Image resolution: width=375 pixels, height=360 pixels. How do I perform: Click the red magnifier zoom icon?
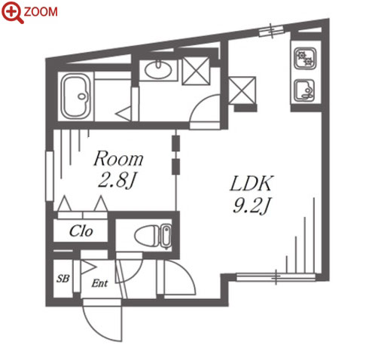point(12,12)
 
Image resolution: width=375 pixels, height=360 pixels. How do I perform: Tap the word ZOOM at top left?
point(41,12)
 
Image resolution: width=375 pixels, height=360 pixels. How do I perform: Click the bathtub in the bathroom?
point(76,96)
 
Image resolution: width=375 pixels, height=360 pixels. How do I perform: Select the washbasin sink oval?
point(158,69)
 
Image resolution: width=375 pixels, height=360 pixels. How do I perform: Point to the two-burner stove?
point(305,59)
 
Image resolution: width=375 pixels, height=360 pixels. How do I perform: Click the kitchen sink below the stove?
point(305,90)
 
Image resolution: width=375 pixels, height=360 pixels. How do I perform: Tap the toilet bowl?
point(153,236)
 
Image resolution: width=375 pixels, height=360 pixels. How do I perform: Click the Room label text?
point(118,159)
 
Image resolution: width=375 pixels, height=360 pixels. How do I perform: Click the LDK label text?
point(251,184)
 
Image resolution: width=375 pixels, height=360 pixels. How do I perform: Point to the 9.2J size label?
point(252,206)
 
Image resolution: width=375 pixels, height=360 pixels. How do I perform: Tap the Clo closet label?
point(81,231)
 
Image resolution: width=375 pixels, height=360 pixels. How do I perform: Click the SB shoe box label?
point(62,279)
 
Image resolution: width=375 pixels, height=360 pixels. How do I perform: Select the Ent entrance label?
point(99,283)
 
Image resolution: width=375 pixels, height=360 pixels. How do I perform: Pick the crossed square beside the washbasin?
point(196,71)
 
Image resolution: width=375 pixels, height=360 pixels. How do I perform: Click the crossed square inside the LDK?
point(242,90)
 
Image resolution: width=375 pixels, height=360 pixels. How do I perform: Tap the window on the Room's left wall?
point(50,175)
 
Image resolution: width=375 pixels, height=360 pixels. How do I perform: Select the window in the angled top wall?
point(271,30)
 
